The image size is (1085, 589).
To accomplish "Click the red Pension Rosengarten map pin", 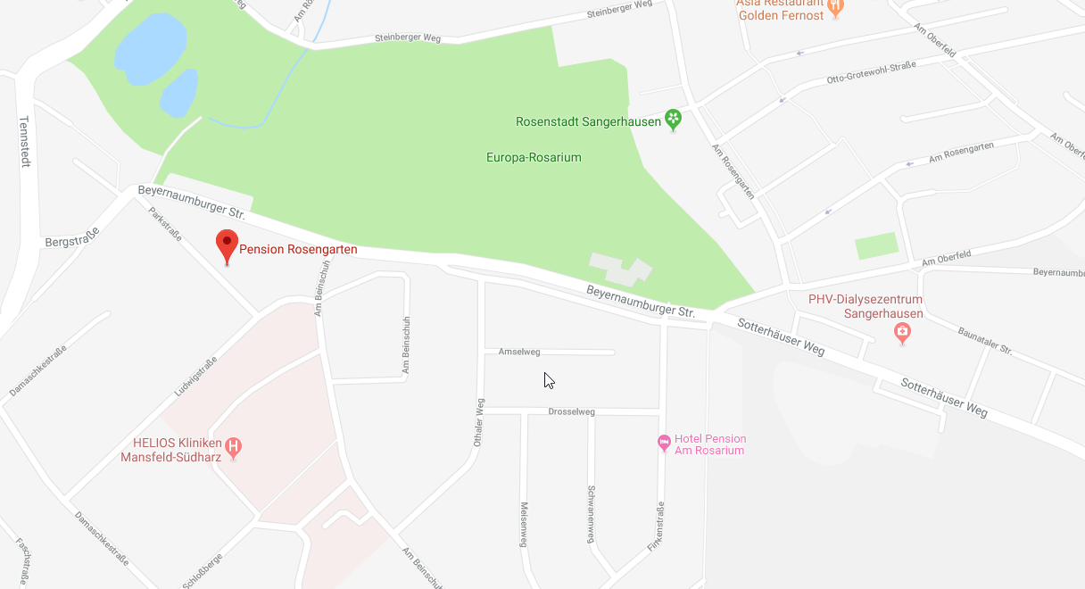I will (228, 245).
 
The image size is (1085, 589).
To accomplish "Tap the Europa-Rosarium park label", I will (534, 158).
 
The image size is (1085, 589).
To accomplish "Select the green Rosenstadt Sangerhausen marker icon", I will (674, 120).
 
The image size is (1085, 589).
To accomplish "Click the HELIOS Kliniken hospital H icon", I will (234, 447).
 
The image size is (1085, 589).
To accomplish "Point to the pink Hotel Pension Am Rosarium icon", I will (664, 443).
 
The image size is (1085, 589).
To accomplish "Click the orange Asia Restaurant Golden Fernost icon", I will (835, 8).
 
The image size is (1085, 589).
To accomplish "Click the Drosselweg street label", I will (571, 411).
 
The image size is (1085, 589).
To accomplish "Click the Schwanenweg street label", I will (591, 513).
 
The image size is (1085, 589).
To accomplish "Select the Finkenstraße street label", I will (656, 526).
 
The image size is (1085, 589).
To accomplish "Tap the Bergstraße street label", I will (72, 236).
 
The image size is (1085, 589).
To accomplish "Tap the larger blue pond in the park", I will (150, 46).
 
